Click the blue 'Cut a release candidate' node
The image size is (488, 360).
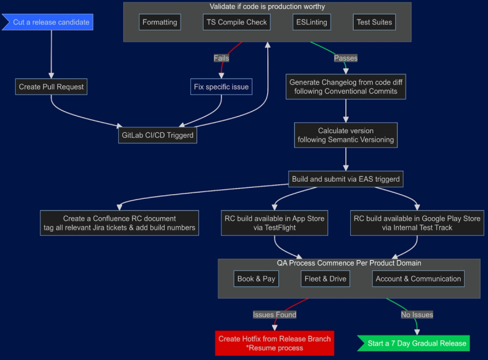[51, 23]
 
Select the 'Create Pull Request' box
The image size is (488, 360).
[51, 87]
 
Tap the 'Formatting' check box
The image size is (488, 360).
[160, 23]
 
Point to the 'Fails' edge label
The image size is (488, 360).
[221, 58]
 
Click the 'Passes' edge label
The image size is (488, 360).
[345, 58]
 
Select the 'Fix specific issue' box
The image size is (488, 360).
[221, 87]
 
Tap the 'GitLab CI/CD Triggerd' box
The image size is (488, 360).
[158, 135]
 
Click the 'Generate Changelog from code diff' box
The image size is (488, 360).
[346, 87]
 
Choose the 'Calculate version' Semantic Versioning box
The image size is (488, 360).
[346, 135]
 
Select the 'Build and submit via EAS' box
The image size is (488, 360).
[346, 179]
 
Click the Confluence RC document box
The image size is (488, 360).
[120, 223]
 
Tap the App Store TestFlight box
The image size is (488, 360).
[274, 223]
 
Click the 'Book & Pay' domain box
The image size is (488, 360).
[256, 279]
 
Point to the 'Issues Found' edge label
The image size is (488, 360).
[274, 315]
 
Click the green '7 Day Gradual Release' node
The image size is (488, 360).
[417, 343]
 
